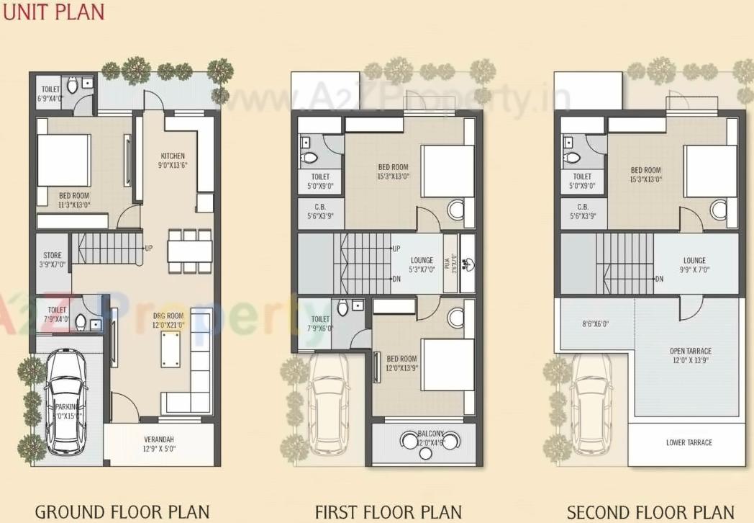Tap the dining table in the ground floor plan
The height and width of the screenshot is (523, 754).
[x=190, y=251]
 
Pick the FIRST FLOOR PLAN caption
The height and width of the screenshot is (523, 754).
[x=388, y=512]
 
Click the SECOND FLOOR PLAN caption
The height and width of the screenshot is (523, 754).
[x=650, y=512]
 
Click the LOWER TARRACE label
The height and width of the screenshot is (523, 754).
[x=689, y=442]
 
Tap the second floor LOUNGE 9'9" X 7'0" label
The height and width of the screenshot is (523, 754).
[x=694, y=265]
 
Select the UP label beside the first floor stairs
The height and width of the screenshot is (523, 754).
[x=396, y=249]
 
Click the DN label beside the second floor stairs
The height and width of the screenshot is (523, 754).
[x=659, y=279]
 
